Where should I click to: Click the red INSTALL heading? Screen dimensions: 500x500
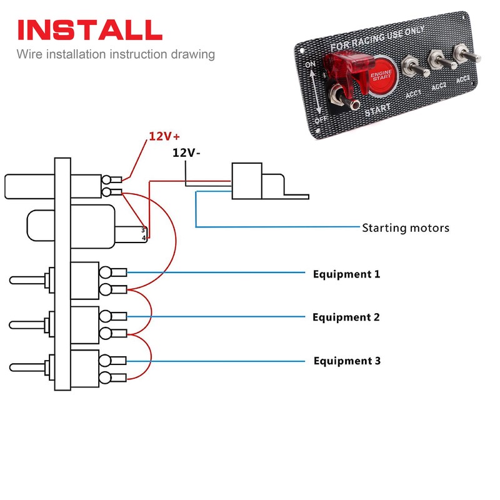tap(89, 30)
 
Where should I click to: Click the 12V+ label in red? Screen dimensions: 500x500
tap(164, 136)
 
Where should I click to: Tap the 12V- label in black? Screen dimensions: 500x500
tap(186, 152)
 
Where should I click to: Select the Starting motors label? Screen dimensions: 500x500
tap(406, 227)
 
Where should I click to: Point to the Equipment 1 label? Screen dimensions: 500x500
tap(346, 274)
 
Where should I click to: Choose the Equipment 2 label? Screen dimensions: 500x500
tap(346, 317)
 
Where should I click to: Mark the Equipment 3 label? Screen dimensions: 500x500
tap(347, 361)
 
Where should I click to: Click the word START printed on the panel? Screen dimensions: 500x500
tap(377, 110)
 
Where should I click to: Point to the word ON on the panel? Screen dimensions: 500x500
tap(309, 65)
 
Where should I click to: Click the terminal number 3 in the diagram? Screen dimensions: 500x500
tap(143, 230)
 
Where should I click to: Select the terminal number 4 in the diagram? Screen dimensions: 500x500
tap(143, 238)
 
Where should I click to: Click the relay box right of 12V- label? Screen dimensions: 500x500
tap(247, 181)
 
